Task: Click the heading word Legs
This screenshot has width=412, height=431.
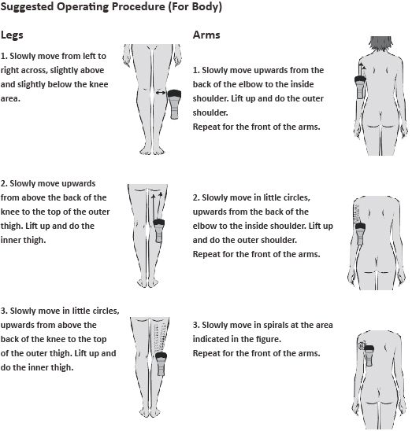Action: pos(12,35)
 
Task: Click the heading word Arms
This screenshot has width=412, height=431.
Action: pos(206,35)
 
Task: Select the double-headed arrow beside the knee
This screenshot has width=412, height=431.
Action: pos(161,93)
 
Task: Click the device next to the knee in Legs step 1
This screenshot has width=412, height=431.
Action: pos(175,104)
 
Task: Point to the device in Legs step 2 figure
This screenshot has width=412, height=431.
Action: pos(159,230)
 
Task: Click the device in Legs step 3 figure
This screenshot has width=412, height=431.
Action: pos(161,363)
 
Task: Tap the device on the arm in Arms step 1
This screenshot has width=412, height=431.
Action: pos(361,87)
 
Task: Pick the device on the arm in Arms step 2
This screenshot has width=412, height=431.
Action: pos(360,234)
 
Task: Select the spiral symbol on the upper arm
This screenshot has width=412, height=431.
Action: pos(362,345)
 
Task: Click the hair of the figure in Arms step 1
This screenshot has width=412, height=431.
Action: pos(380,44)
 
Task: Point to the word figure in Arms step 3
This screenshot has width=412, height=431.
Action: pos(270,339)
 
